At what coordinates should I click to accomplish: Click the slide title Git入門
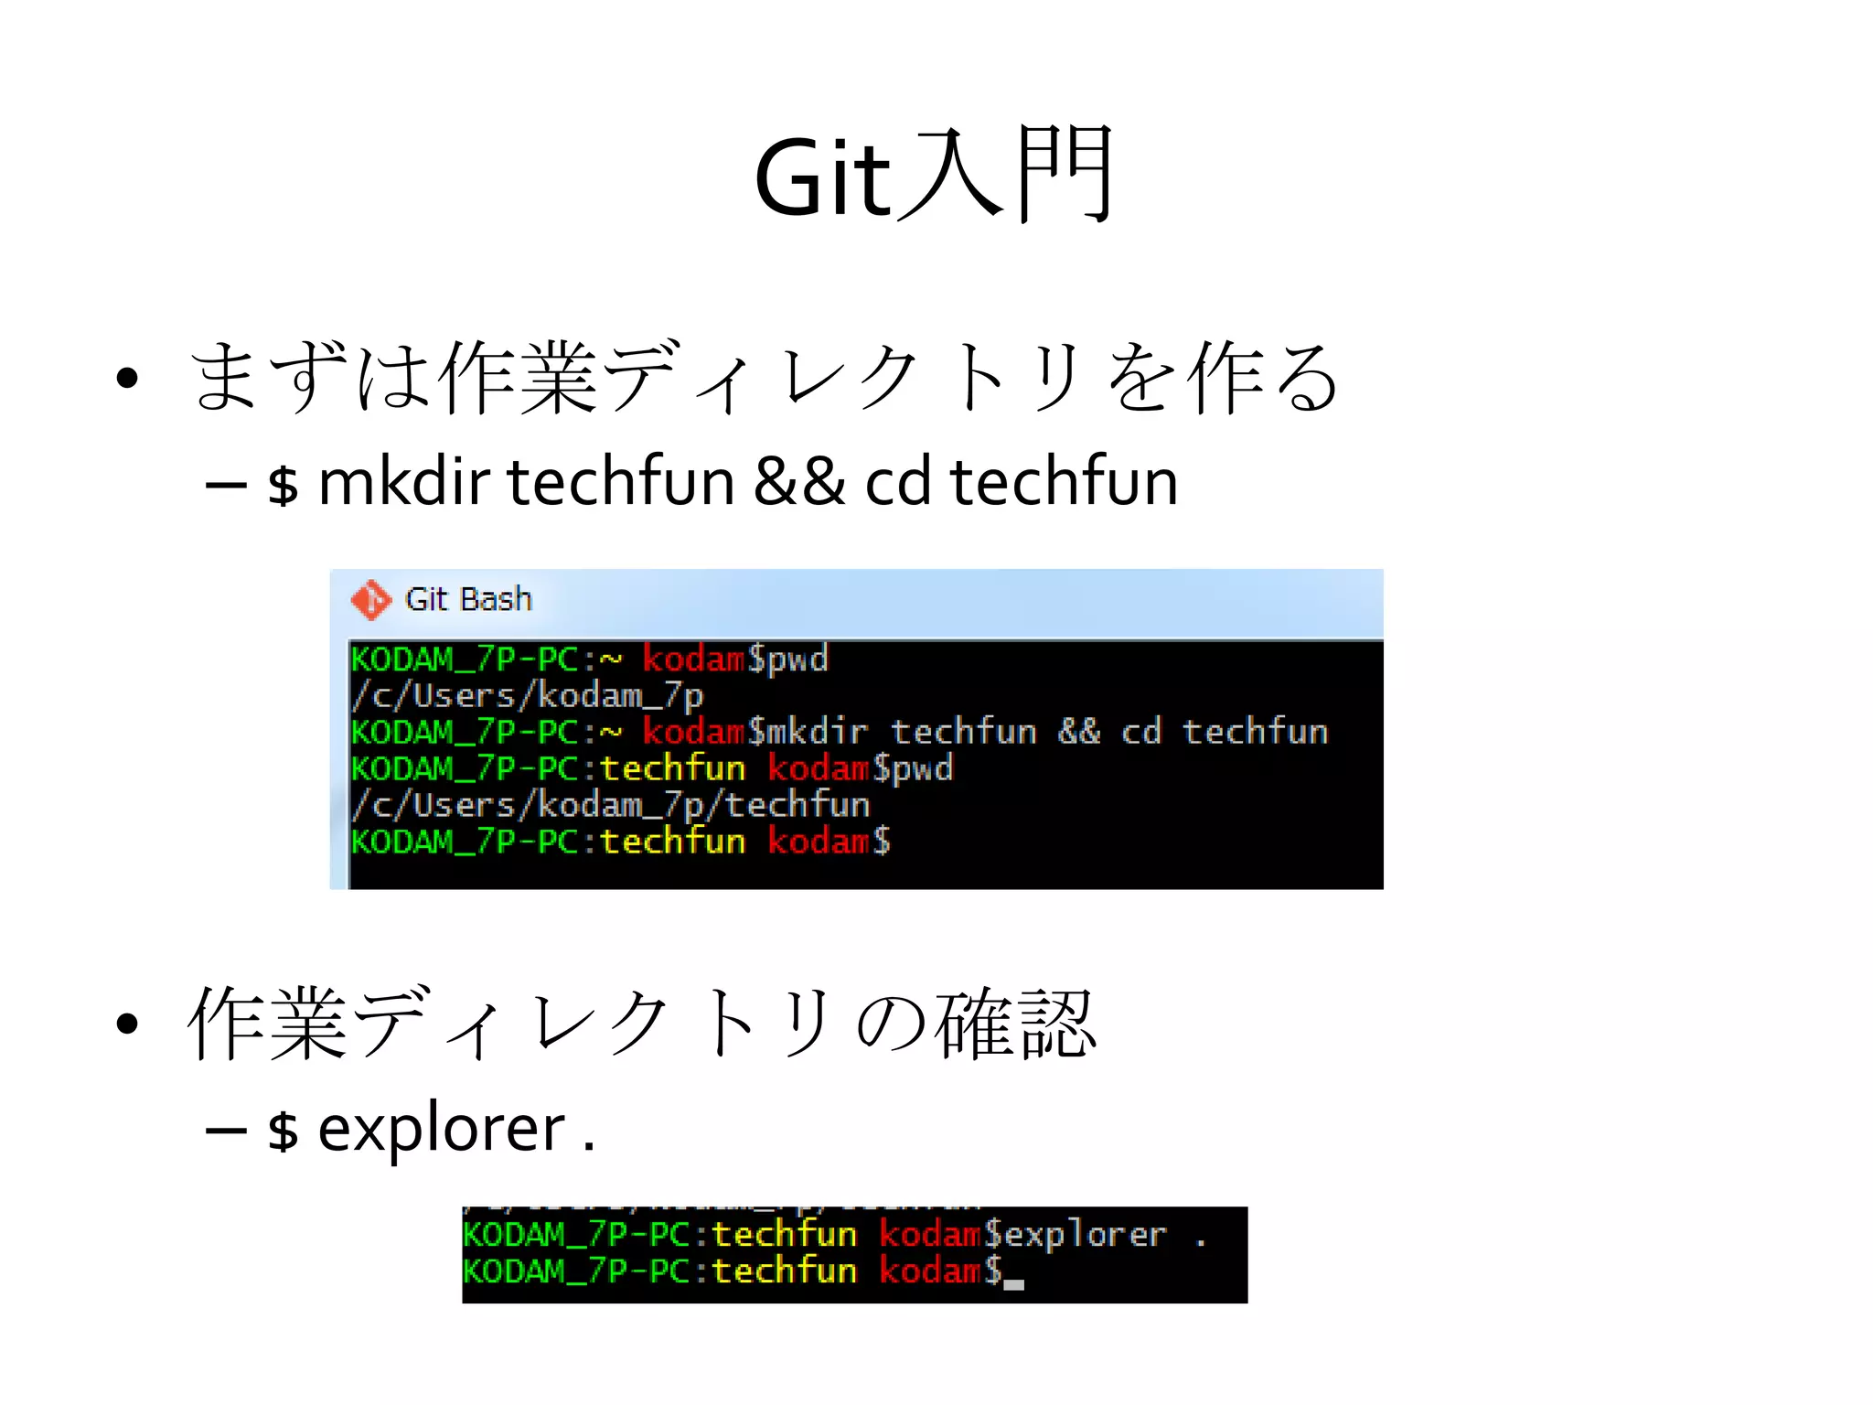934,176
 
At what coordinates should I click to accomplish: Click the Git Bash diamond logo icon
370,600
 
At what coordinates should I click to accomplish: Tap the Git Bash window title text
468,599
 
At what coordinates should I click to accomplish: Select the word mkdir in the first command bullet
403,482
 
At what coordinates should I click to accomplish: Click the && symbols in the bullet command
798,482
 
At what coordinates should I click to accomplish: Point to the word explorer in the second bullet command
441,1129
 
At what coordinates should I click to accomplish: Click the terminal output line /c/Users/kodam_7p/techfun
611,805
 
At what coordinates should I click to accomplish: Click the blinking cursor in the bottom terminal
1013,1283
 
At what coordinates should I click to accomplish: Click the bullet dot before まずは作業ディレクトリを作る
127,378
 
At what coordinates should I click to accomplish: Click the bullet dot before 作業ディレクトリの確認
127,1024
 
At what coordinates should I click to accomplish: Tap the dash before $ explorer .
226,1131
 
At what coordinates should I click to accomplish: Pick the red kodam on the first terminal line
693,659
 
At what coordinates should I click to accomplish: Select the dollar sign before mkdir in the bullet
283,485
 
